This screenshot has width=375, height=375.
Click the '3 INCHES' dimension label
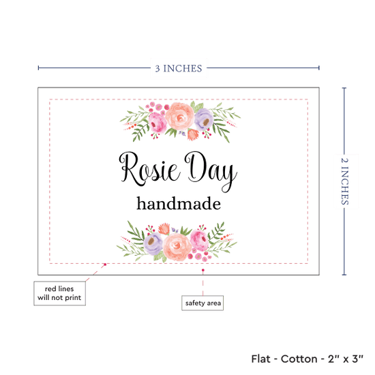coord(179,68)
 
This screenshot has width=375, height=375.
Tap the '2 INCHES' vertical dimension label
coord(344,181)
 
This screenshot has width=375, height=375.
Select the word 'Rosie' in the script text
coord(149,169)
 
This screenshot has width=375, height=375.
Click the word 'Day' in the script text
coord(211,171)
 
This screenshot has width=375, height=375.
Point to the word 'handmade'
coord(179,204)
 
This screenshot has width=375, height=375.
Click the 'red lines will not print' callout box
coord(59,293)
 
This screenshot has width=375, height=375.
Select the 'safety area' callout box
coord(202,303)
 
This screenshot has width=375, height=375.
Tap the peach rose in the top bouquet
coord(179,117)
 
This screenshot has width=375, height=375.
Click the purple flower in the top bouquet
coord(204,119)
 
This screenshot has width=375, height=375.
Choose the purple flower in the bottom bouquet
coord(153,243)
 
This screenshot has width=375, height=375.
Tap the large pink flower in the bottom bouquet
coord(200,240)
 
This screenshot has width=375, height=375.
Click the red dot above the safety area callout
coord(202,270)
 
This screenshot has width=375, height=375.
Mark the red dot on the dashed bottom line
coord(105,265)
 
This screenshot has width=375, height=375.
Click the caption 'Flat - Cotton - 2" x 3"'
coord(307,359)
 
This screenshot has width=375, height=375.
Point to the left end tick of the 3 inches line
coord(38,68)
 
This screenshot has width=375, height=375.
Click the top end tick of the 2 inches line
coord(344,88)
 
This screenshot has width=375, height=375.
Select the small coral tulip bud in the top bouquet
coord(193,134)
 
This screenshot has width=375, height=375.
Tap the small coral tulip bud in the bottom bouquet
coord(164,228)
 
